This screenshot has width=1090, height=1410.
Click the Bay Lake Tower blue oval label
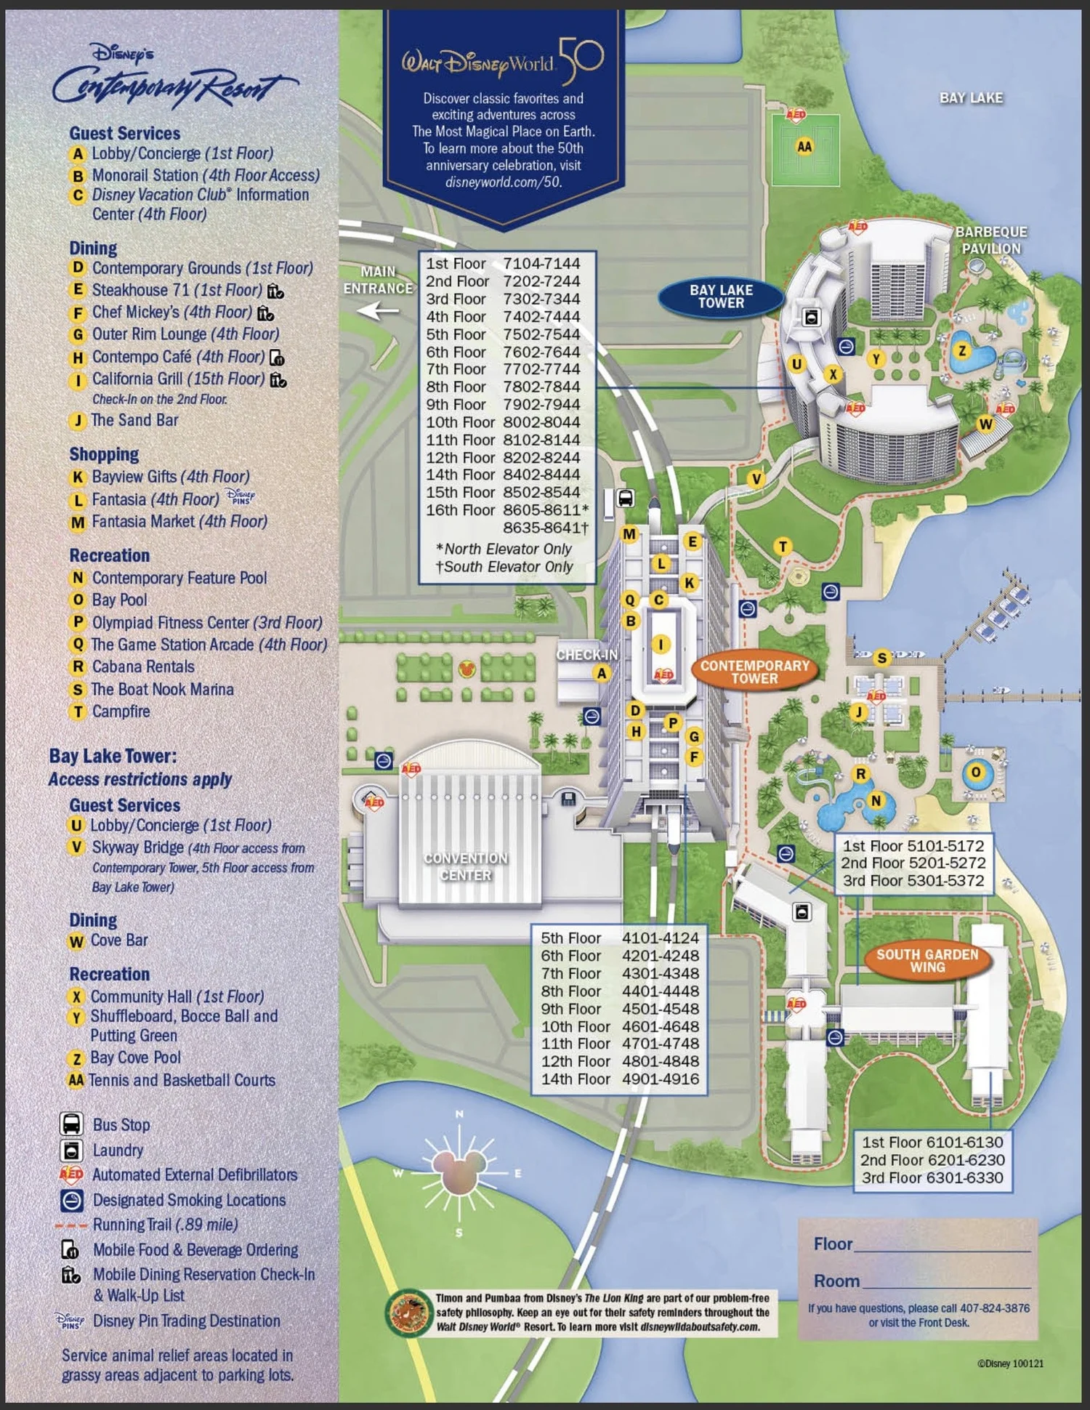[x=721, y=297]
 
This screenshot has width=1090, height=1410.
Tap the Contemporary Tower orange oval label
[x=754, y=672]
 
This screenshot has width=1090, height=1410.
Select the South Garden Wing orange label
[x=927, y=961]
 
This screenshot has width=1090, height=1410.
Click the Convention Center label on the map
[x=466, y=866]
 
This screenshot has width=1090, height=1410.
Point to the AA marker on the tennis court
[x=804, y=147]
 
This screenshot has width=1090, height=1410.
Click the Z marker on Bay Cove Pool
[x=962, y=351]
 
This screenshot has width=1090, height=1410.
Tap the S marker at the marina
[x=881, y=658]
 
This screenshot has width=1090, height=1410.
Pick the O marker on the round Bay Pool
[x=976, y=773]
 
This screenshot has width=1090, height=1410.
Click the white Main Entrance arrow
[x=378, y=312]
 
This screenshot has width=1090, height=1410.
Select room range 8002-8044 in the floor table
[x=541, y=422]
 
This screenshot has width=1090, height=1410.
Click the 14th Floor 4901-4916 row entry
[x=620, y=1079]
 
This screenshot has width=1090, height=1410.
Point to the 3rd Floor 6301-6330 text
[x=932, y=1177]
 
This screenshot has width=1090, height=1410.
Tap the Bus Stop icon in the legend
[x=71, y=1124]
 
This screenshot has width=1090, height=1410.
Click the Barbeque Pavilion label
[x=991, y=240]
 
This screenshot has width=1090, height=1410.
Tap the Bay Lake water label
[x=971, y=98]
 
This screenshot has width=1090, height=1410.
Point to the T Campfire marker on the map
[x=783, y=547]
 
